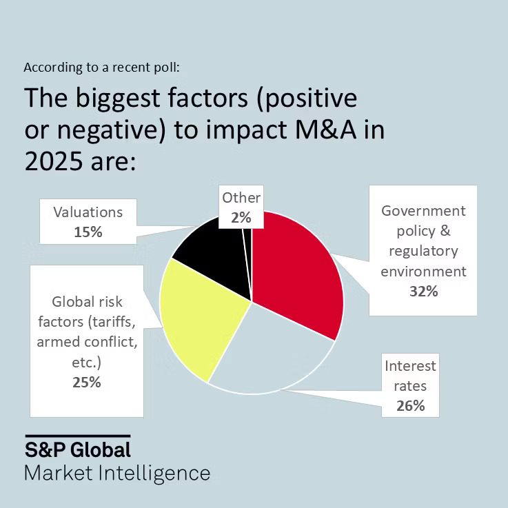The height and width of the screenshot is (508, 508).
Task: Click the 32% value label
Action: [423, 291]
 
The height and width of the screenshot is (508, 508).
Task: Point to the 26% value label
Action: [410, 406]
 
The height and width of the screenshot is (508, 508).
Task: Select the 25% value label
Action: [86, 382]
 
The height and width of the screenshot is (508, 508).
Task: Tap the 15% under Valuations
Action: [88, 232]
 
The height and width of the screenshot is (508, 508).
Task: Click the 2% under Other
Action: [241, 218]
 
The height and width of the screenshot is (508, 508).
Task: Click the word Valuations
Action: [88, 212]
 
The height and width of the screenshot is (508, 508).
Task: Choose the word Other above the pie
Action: [241, 198]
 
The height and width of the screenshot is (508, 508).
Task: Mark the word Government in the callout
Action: [423, 210]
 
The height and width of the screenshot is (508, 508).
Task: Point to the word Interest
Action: [410, 365]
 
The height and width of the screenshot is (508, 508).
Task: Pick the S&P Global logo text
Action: [78, 450]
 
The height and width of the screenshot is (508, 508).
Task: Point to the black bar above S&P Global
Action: [78, 436]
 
